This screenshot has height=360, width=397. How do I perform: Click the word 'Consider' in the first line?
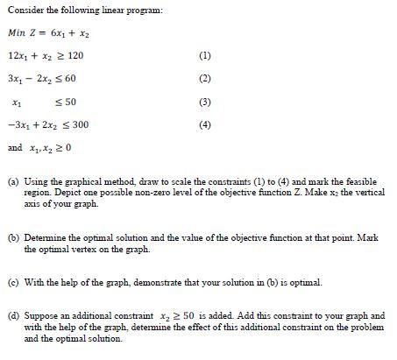point(24,9)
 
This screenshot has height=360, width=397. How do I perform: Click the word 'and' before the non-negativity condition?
point(14,147)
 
